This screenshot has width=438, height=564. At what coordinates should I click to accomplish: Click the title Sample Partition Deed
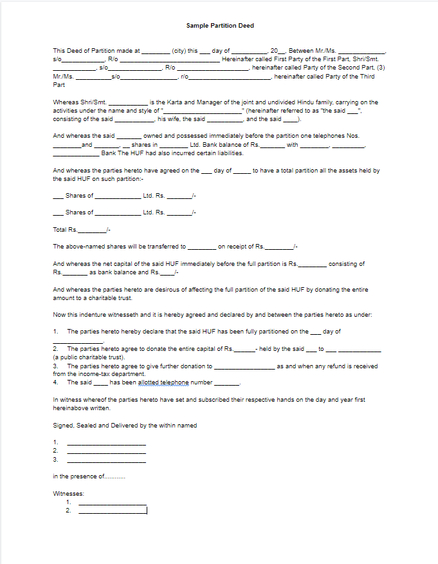(220, 26)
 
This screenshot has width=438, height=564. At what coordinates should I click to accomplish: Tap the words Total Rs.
(65, 229)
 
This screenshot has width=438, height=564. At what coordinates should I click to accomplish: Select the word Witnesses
(68, 493)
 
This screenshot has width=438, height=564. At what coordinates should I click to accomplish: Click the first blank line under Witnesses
(112, 502)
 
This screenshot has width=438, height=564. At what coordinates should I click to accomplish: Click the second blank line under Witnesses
(112, 511)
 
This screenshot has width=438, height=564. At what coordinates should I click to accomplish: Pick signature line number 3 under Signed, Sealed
(106, 460)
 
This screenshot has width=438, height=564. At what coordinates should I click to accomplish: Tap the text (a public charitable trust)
(88, 357)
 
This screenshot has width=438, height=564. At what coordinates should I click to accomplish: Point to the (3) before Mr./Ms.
(381, 68)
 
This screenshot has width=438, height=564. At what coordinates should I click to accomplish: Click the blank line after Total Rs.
(91, 230)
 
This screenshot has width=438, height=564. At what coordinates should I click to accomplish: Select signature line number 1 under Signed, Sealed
(106, 442)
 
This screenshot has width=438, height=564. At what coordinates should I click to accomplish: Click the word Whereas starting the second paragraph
(66, 102)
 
